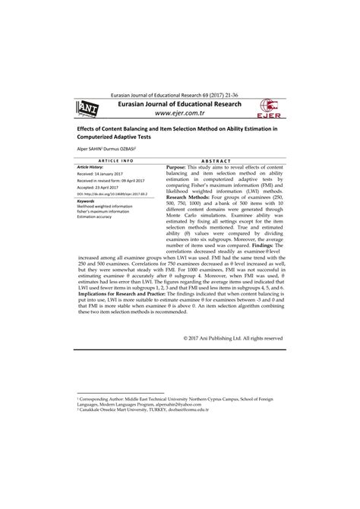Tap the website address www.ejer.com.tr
(x=179, y=115)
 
